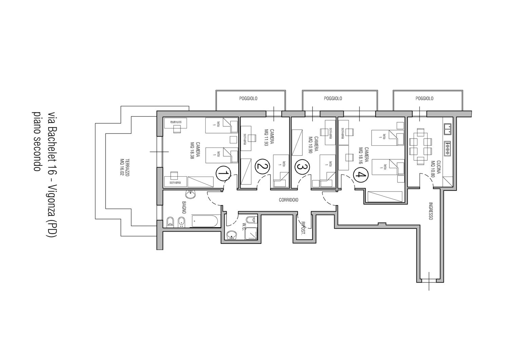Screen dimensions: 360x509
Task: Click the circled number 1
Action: [223, 174]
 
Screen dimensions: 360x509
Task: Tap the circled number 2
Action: [262, 167]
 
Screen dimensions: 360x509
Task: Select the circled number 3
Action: [302, 167]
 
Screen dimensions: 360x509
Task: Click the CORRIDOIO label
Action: [288, 200]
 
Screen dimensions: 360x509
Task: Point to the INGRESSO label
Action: [430, 211]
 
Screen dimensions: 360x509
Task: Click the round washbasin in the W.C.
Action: [232, 235]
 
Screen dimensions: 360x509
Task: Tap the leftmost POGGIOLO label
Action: [248, 98]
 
